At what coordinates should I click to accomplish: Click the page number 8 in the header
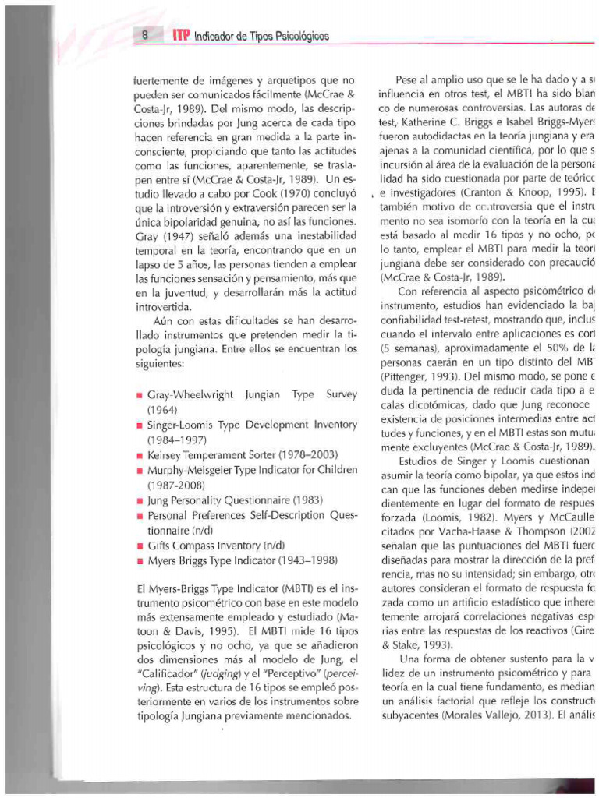tap(146, 36)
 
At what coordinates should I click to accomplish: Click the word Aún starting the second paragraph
tap(165, 320)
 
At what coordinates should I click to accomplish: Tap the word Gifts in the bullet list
tap(159, 545)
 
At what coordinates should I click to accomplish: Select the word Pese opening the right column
tap(408, 79)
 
